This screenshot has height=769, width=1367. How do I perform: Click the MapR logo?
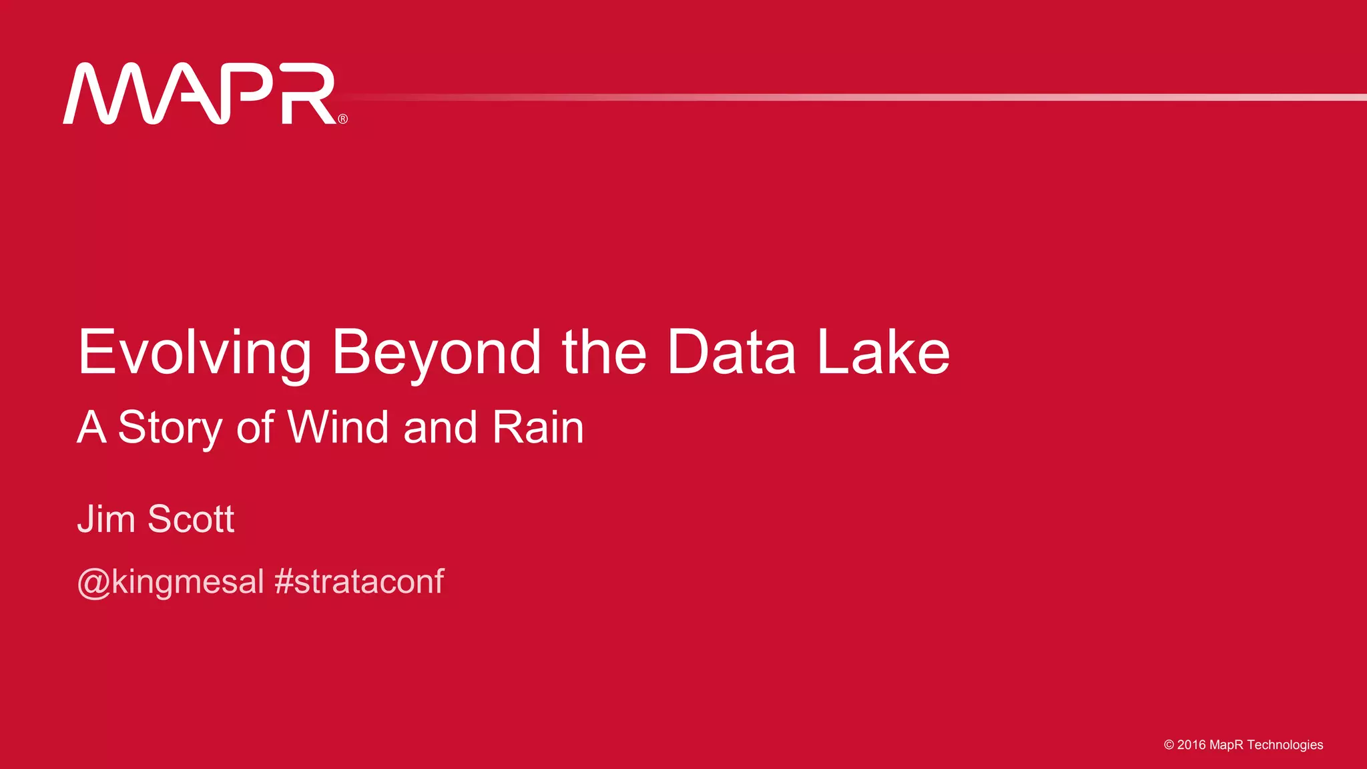[x=200, y=94]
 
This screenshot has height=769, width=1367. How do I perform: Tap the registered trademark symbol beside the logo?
[x=343, y=119]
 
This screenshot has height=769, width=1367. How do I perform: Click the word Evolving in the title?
[x=194, y=352]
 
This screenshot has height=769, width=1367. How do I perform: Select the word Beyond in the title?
[x=437, y=352]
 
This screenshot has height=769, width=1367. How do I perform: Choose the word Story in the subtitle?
[x=170, y=428]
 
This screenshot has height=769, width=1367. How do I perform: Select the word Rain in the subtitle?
[x=538, y=427]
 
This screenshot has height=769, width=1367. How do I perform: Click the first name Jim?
[x=106, y=519]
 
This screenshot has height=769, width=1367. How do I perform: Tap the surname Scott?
[x=191, y=519]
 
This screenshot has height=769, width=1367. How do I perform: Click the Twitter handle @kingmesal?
[x=171, y=581]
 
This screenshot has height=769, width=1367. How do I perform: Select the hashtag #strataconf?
[x=359, y=581]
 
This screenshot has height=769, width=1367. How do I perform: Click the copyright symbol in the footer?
[x=1169, y=745]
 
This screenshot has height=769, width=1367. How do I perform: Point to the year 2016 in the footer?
[x=1191, y=745]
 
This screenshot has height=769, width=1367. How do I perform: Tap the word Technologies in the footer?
[x=1285, y=745]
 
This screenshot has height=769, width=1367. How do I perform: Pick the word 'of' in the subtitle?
[x=254, y=427]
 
